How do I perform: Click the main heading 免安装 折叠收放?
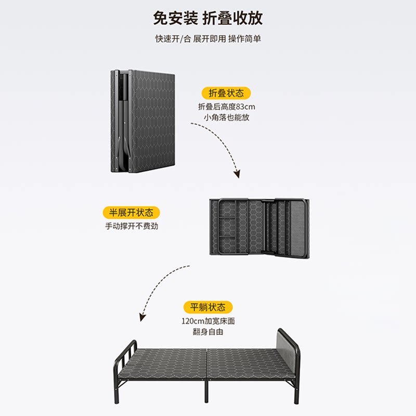(208, 18)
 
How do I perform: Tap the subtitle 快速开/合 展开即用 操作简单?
(208, 40)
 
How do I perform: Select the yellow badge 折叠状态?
(226, 93)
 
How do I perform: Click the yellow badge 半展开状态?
(131, 213)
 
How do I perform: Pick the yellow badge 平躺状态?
(207, 307)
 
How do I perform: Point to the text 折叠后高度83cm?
(227, 106)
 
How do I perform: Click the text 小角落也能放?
(227, 118)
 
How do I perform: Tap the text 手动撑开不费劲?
(131, 227)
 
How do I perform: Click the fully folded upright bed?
(142, 121)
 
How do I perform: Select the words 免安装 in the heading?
(175, 18)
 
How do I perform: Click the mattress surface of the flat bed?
(208, 359)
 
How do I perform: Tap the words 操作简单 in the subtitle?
(244, 40)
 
